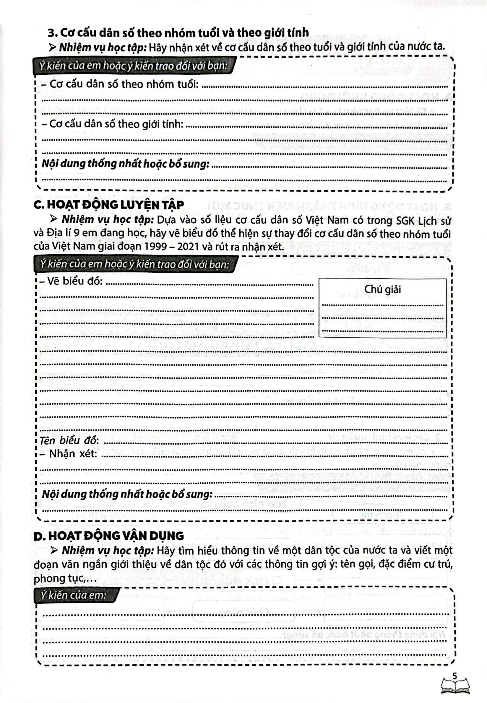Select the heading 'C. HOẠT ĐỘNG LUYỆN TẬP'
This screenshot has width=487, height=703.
pyautogui.click(x=109, y=205)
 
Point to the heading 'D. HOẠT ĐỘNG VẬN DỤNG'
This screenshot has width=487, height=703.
pyautogui.click(x=109, y=536)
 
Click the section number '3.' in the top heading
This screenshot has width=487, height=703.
pyautogui.click(x=53, y=32)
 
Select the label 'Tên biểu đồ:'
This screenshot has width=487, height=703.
pyautogui.click(x=69, y=440)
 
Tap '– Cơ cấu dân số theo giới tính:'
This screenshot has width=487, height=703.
pyautogui.click(x=112, y=124)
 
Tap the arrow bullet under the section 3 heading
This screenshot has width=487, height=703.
pyautogui.click(x=53, y=48)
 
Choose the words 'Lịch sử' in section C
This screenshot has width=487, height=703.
pyautogui.click(x=435, y=221)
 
